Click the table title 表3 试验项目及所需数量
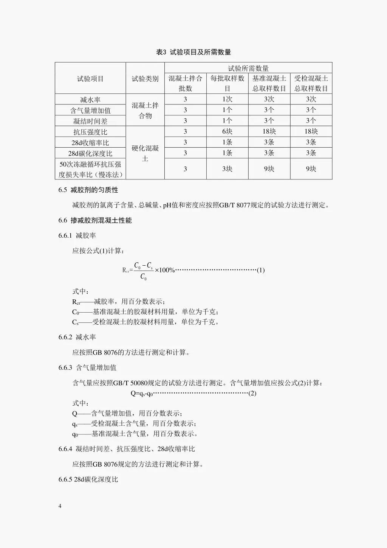(193, 52)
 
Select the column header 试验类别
(145, 79)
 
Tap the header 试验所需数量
(248, 68)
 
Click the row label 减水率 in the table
(90, 100)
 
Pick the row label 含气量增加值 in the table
(90, 111)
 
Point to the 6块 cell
(227, 132)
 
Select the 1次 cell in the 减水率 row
(227, 100)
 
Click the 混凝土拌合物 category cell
(145, 111)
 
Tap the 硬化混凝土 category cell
(145, 153)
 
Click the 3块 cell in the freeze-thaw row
(227, 169)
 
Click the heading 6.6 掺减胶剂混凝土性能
(95, 220)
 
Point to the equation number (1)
(261, 270)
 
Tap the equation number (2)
(252, 393)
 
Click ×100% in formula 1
(165, 270)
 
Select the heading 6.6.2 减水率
(77, 337)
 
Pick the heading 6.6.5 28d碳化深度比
(88, 479)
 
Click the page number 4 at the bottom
(60, 506)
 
